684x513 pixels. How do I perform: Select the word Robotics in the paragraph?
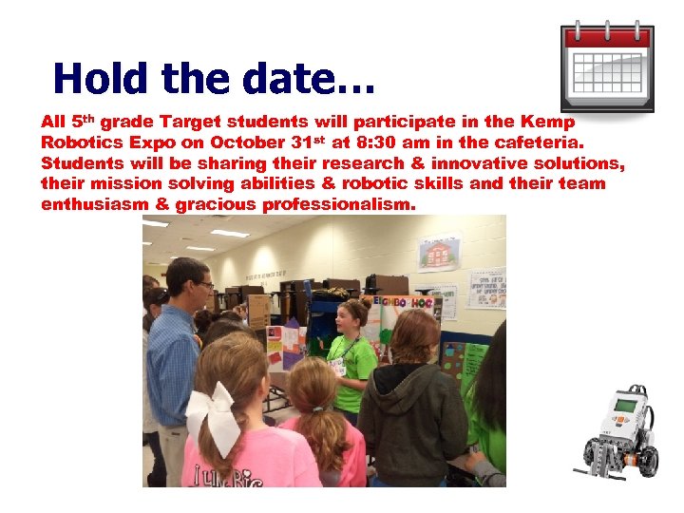79,142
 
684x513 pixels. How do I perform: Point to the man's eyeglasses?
199,284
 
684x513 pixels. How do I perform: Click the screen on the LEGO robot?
624,405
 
